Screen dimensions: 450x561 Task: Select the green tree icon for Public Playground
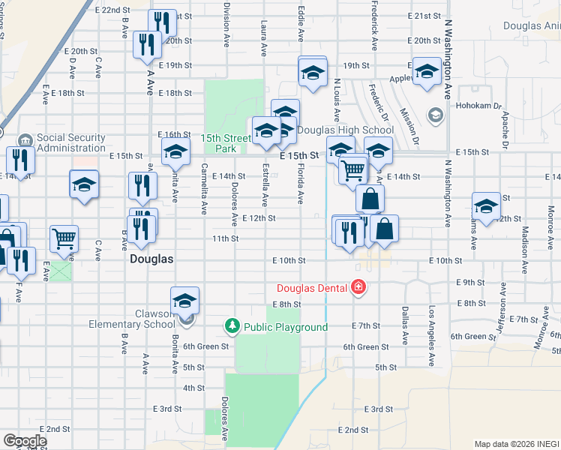(232, 327)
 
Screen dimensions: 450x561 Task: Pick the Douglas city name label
(151, 259)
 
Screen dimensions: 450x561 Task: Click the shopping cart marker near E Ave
(64, 238)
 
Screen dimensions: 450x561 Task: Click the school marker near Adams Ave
(486, 206)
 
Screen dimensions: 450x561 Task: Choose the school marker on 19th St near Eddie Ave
(313, 72)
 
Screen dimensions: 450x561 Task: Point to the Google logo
(25, 441)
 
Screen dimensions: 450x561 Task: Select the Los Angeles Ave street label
(431, 327)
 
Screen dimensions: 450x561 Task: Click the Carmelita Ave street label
(204, 187)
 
